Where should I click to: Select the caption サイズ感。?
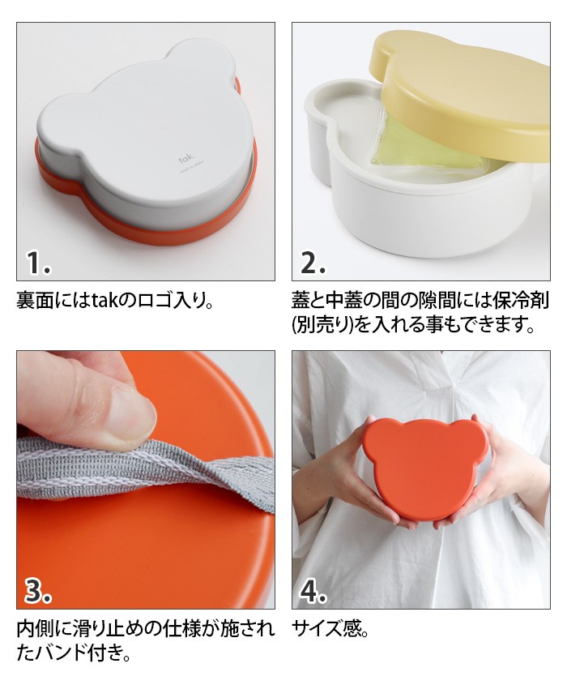click(x=330, y=629)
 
